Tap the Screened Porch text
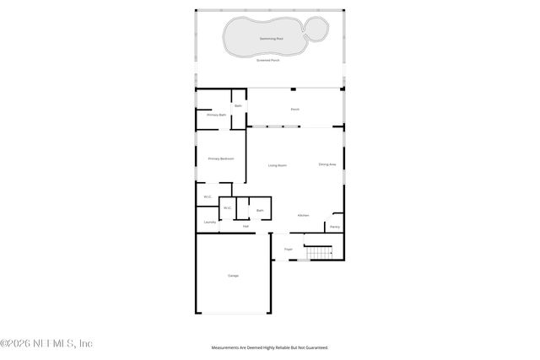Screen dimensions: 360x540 270,60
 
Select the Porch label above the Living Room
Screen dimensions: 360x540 294,110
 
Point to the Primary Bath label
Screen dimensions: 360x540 216,115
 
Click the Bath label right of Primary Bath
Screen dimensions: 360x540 239,105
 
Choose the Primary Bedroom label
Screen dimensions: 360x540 220,159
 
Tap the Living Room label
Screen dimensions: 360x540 277,165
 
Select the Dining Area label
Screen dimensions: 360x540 327,164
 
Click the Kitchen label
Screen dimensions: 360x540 303,215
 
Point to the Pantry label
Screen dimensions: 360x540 335,227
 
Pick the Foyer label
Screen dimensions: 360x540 288,250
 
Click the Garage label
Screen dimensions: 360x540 233,276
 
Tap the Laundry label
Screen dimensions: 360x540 210,223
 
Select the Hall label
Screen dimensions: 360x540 246,226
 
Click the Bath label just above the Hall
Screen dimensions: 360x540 260,210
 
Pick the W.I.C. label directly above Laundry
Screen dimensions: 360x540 208,197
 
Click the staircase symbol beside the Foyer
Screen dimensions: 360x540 319,252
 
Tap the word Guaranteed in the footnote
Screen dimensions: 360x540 315,347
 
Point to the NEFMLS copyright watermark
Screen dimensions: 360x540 46,343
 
